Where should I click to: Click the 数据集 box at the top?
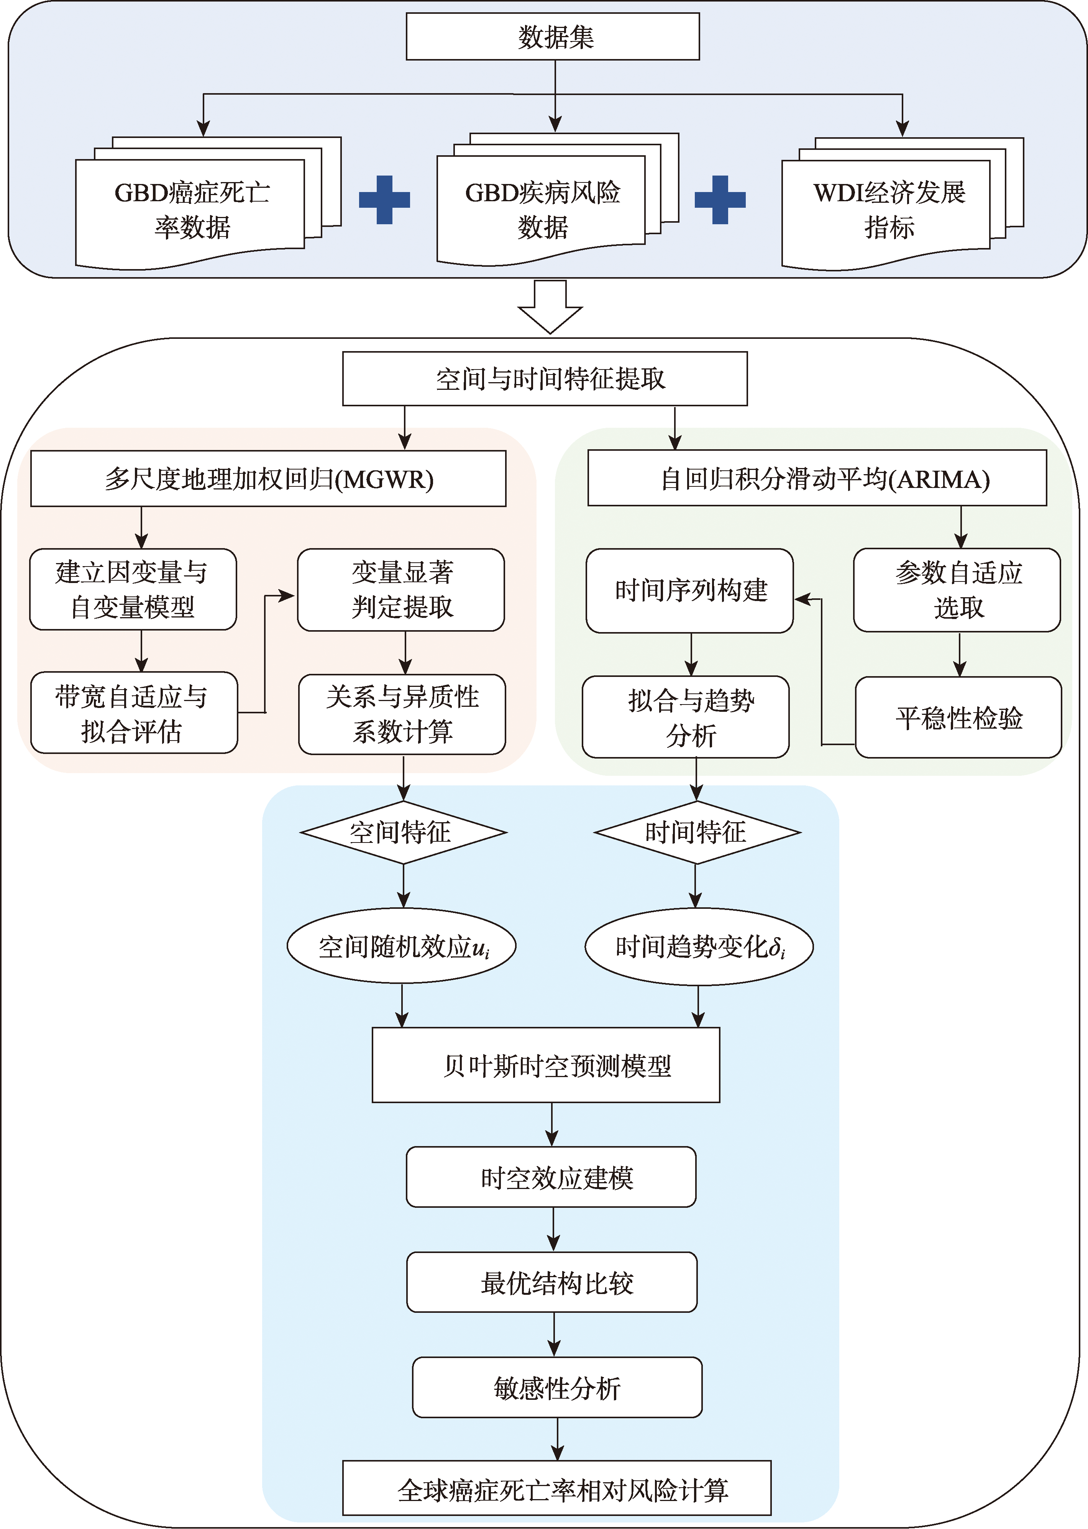tap(553, 37)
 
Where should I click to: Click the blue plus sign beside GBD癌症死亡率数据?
tap(384, 200)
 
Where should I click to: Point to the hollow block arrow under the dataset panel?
tap(550, 307)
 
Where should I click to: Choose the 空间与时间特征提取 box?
tap(545, 379)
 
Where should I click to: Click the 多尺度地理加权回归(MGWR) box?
tap(268, 478)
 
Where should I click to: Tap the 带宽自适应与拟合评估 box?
tap(134, 713)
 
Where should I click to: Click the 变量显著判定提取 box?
tap(400, 590)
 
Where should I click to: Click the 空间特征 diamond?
tap(403, 832)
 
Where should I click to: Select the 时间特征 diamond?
tap(697, 832)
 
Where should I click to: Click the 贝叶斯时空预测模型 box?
tap(546, 1065)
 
